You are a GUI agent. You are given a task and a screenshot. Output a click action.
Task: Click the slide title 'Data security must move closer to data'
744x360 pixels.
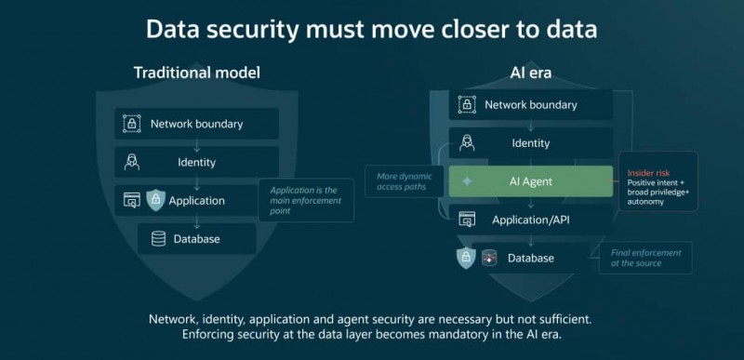[x=371, y=30]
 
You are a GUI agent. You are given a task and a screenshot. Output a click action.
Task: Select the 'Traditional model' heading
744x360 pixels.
[x=197, y=73]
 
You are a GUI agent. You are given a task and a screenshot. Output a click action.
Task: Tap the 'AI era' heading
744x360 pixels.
[x=530, y=73]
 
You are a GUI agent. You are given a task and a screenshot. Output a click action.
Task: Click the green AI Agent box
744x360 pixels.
[x=531, y=181]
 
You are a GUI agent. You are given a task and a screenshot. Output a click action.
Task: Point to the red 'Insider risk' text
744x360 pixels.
[x=648, y=173]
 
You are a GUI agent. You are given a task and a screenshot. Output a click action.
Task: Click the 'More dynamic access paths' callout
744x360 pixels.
[x=405, y=181]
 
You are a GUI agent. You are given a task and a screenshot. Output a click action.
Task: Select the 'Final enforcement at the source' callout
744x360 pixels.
[x=645, y=258]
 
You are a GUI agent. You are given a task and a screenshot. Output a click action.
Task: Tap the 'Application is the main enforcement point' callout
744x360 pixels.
[x=306, y=200]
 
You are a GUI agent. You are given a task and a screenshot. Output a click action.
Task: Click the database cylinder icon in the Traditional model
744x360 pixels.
[x=158, y=238]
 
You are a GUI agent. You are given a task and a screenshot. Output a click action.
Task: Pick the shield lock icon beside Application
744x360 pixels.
[x=155, y=200]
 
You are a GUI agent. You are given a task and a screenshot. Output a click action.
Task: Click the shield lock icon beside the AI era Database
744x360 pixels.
[x=466, y=258]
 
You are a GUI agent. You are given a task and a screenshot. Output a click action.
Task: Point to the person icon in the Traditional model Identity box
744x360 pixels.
[x=131, y=162]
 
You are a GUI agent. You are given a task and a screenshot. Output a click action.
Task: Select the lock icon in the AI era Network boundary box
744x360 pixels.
[x=467, y=105]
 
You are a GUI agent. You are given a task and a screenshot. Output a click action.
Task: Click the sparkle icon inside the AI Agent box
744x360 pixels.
[x=468, y=181]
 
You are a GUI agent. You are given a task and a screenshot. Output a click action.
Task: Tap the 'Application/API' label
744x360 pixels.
[x=530, y=220]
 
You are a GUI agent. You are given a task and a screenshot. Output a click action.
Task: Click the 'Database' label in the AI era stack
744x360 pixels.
[x=530, y=258]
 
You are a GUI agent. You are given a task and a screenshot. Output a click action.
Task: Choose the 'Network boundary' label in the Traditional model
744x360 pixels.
[x=196, y=125]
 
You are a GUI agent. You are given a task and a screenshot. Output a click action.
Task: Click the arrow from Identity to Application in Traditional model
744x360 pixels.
[x=197, y=184]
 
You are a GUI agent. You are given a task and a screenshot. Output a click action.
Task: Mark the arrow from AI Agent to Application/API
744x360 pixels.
[x=531, y=203]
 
